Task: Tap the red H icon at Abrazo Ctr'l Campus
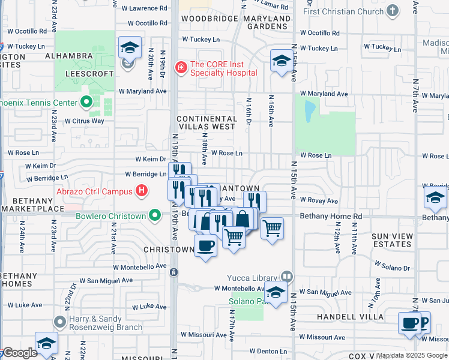click(x=142, y=191)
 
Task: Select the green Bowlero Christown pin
click(x=155, y=215)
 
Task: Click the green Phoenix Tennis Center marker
click(x=87, y=103)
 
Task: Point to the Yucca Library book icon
click(x=286, y=277)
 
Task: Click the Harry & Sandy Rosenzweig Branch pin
click(x=59, y=322)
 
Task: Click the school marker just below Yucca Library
click(x=276, y=292)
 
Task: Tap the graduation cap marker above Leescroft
click(x=130, y=47)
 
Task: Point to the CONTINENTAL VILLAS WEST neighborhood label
click(x=206, y=122)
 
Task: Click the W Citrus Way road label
click(x=85, y=121)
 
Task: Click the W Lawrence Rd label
click(x=144, y=8)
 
